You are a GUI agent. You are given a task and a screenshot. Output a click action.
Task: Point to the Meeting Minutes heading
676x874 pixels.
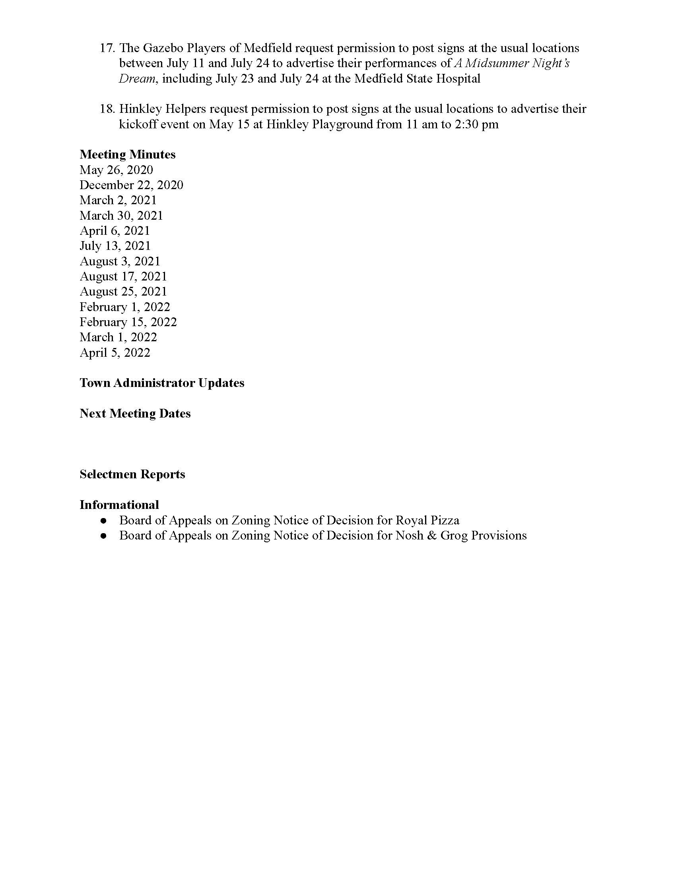click(x=127, y=155)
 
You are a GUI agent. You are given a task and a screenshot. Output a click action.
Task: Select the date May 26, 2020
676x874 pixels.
click(x=116, y=170)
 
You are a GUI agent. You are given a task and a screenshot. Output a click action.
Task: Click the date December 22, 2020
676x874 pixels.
click(x=131, y=185)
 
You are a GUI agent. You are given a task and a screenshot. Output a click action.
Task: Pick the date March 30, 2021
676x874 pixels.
click(x=121, y=216)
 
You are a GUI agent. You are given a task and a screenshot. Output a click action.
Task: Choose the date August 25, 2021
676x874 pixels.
click(x=123, y=292)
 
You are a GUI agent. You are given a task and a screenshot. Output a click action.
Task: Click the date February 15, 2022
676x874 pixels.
click(x=128, y=322)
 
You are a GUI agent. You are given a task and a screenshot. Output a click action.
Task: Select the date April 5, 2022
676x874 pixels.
click(x=115, y=353)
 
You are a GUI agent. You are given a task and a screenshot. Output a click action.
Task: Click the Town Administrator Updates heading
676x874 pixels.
click(x=162, y=383)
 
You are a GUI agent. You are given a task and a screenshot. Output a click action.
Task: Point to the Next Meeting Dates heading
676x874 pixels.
click(x=135, y=414)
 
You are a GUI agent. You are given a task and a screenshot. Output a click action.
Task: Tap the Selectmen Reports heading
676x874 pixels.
click(x=132, y=474)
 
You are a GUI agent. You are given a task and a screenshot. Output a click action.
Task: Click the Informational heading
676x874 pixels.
click(x=119, y=505)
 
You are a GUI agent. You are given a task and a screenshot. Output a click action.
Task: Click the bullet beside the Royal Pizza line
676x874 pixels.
click(x=104, y=521)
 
